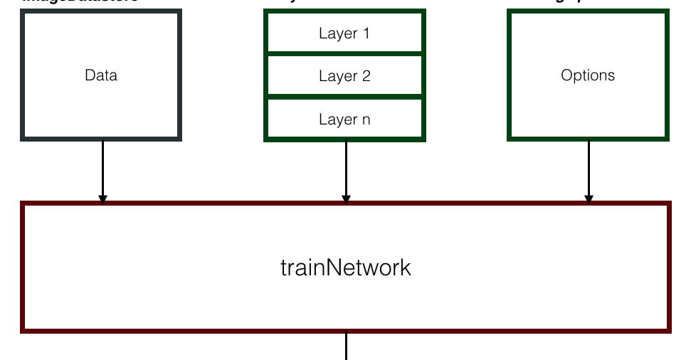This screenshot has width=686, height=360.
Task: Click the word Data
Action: click(x=101, y=75)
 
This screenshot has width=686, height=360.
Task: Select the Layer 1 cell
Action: click(x=344, y=33)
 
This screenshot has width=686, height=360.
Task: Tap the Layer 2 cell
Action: click(x=344, y=76)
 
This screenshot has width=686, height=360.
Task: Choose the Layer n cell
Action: click(x=344, y=120)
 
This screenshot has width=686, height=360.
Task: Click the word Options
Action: click(x=588, y=75)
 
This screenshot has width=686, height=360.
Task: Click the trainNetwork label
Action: click(x=346, y=268)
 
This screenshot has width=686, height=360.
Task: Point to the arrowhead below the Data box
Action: click(x=102, y=198)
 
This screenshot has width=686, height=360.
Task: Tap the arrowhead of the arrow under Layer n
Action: click(x=346, y=198)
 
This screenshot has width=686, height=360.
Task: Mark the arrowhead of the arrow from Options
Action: click(x=589, y=198)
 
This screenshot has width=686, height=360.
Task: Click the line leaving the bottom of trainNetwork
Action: click(x=346, y=346)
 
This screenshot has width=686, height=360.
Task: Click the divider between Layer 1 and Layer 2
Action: click(x=344, y=53)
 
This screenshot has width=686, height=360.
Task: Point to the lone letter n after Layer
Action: click(x=366, y=120)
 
